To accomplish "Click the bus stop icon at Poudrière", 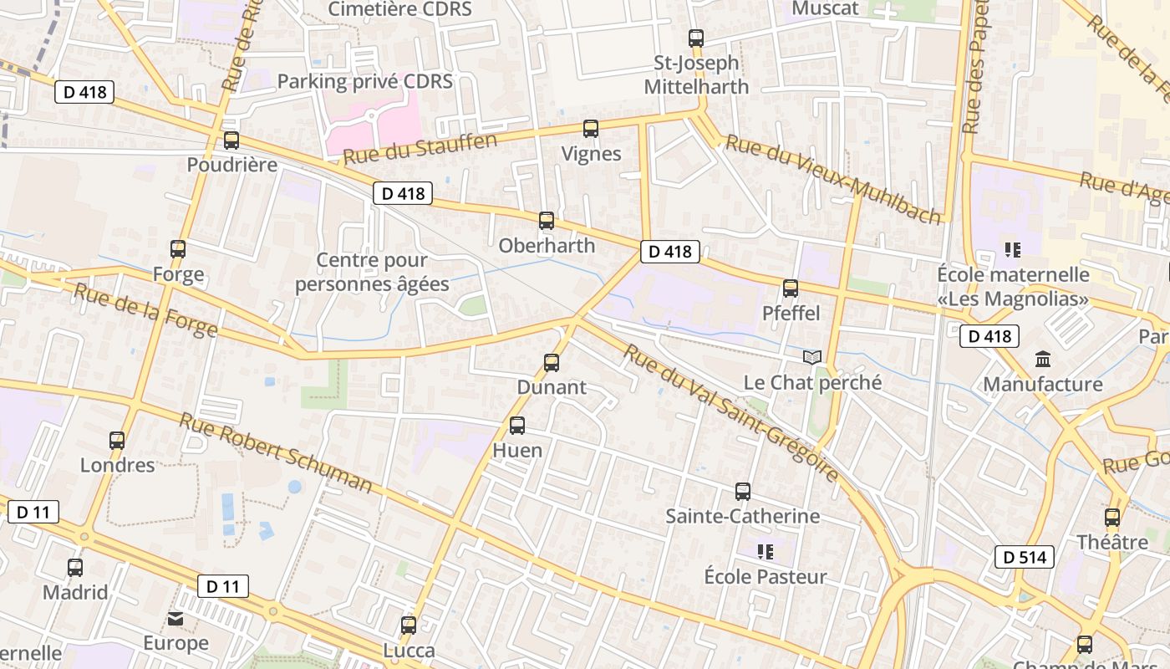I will pos(231,140).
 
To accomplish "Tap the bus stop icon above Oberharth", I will pos(547,221).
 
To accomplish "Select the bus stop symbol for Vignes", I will pos(591,129).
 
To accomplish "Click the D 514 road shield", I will pos(1024,557).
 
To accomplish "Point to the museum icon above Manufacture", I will pos(1043,360).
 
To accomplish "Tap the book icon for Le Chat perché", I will pos(812,358).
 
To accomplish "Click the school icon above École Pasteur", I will pos(765,552).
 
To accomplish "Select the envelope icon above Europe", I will pos(175,619).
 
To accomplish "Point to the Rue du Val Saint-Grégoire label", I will pos(730,413).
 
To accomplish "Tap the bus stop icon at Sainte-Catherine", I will pos(743,492).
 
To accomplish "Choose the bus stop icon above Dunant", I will pos(552,363).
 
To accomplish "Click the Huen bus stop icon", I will pos(517,426).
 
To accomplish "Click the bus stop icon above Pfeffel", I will pos(791,289).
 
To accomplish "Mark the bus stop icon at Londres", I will pos(117,441).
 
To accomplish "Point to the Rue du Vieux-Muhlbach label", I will pos(833,179).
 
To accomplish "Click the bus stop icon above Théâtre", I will pos(1112,518).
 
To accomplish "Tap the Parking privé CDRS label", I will pos(364,81).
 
